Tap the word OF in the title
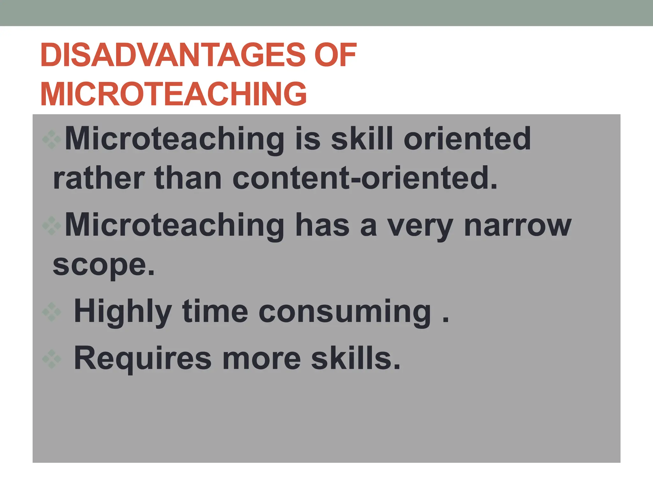[335, 56]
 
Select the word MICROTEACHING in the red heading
[173, 94]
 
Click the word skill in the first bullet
[362, 138]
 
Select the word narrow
[517, 225]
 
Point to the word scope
[103, 265]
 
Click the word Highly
[123, 312]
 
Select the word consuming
[345, 312]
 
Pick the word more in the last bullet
[261, 359]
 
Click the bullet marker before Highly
[51, 312]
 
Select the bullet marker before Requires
[51, 359]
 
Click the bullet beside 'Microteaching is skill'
[51, 139]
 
